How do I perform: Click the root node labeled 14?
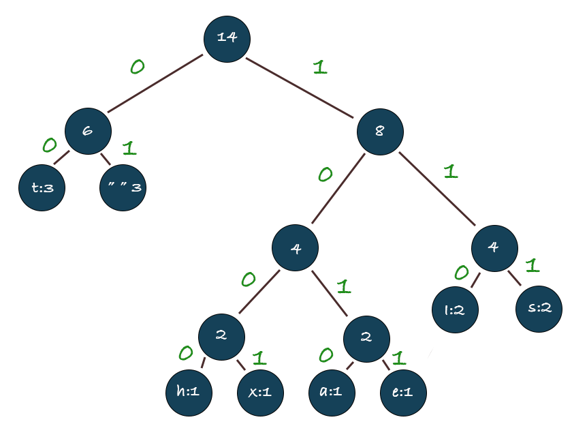coord(226,37)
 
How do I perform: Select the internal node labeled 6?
coord(88,131)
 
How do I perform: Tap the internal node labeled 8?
coord(379,131)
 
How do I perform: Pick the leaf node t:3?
coord(42,186)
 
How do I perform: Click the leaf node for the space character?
coord(123,186)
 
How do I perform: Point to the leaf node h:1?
coord(189,393)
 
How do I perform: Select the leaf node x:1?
coord(260,393)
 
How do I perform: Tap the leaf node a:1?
coord(332,393)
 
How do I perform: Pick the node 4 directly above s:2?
coord(494,247)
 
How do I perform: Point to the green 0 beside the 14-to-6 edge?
coord(137,67)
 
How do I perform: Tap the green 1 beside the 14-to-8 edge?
coord(319,67)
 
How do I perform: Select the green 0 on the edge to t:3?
coord(49,145)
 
